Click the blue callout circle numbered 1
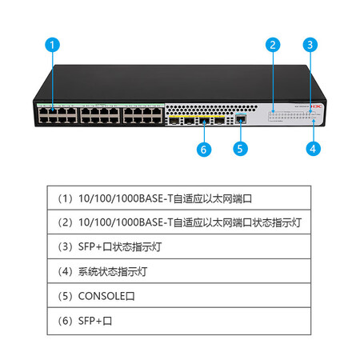pos(52,45)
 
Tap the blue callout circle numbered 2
pos(273,45)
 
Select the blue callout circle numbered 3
pos(310,45)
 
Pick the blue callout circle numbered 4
pos(314,149)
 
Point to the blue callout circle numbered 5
pos(240,149)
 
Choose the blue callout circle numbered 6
pos(204,150)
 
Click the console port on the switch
pos(241,119)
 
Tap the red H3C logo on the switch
pos(317,106)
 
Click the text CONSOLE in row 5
pos(102,296)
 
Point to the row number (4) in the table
pos(66,271)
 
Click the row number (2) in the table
pos(66,222)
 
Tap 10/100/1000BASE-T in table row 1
pos(126,198)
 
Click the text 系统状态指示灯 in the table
pos(113,272)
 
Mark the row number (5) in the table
pos(66,296)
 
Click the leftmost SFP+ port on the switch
pos(174,121)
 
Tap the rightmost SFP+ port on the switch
pos(220,121)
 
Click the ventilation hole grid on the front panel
pos(211,110)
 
